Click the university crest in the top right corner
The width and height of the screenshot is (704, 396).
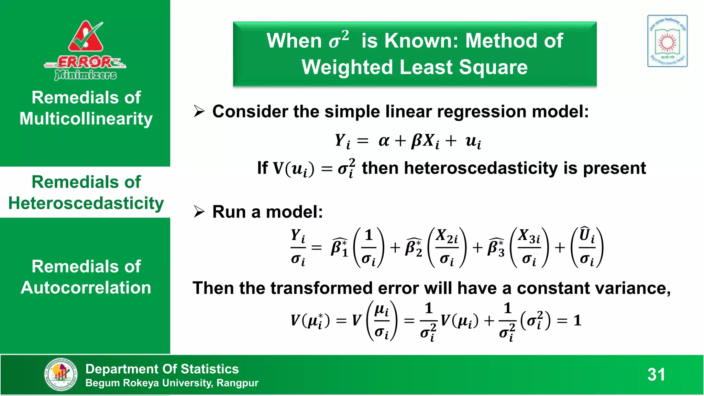coord(667,41)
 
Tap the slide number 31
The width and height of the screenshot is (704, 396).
coord(656,374)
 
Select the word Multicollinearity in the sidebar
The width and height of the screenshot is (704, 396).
coord(86,119)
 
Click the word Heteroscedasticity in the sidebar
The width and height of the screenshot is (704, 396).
coord(86,203)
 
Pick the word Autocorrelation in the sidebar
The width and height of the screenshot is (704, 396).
coord(86,288)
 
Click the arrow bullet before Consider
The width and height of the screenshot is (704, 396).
coord(199,111)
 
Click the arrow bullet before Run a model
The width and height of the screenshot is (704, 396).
coord(199,211)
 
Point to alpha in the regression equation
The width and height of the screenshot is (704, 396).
coord(384,141)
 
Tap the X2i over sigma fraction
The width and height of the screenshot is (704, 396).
coord(447,247)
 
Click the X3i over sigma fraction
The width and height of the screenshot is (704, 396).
coord(529,247)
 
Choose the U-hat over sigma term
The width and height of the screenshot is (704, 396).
coord(587,247)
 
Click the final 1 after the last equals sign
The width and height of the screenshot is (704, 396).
coord(577,321)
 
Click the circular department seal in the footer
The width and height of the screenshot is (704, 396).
coord(61,374)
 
